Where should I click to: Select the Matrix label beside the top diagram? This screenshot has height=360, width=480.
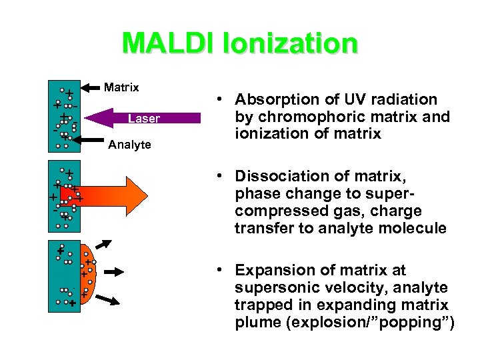point(121,87)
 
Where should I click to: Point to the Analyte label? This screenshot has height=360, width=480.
point(129,145)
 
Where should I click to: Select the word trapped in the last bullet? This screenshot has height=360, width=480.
point(261,305)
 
